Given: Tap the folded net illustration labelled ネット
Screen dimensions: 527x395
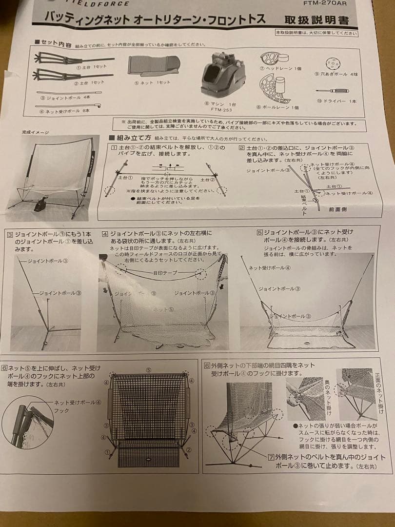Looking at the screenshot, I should (153, 65).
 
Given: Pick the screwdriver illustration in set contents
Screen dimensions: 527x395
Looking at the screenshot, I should (334, 90).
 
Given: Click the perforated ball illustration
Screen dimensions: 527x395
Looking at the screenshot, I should (334, 63).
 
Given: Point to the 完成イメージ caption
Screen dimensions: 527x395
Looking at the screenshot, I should (35, 132).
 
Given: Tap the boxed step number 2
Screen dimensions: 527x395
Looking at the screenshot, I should (241, 147).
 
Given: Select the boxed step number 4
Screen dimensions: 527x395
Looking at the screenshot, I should (105, 234).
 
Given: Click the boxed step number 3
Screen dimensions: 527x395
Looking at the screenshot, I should (10, 234).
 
